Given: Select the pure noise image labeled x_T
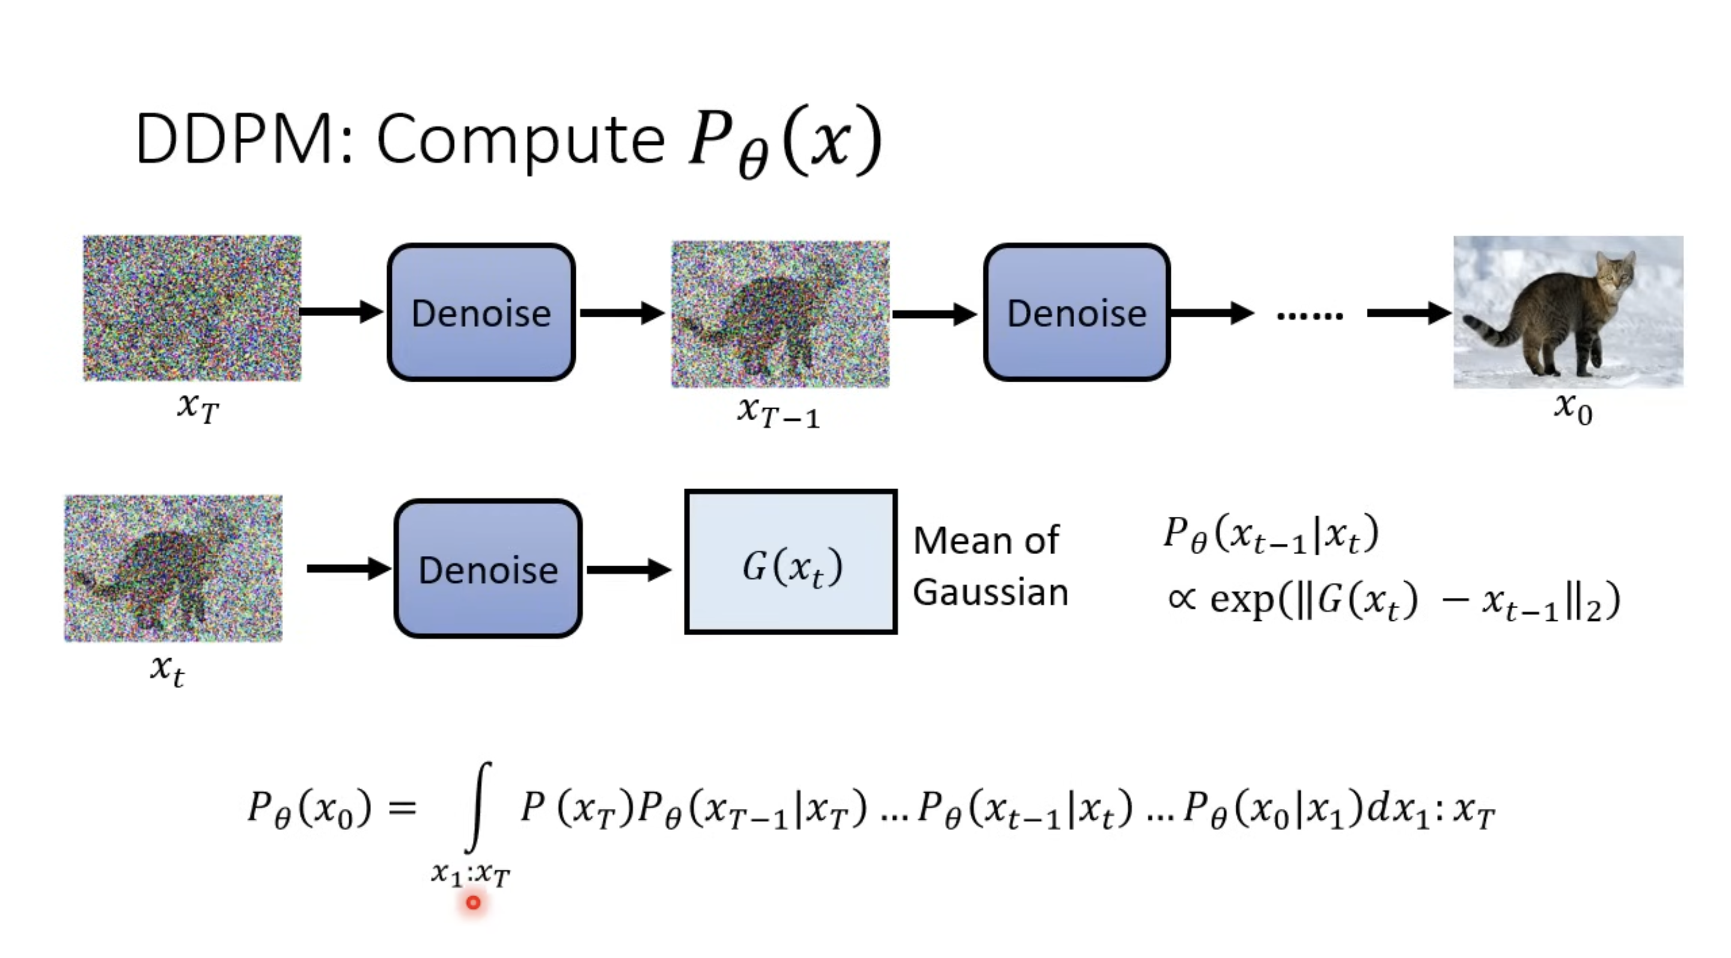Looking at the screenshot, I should [192, 308].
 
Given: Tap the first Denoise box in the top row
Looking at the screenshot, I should [481, 313].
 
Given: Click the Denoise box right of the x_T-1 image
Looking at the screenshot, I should [1076, 313].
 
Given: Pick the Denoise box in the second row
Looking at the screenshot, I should [488, 569].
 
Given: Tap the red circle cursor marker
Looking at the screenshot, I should [473, 902].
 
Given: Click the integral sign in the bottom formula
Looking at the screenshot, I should [478, 807].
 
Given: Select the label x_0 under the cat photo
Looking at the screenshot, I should [1573, 408].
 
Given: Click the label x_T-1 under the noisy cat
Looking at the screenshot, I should [778, 411].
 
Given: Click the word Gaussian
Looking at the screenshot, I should [990, 593].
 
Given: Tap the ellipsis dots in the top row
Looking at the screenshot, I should [1309, 314].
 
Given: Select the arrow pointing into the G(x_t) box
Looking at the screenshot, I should [628, 570].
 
